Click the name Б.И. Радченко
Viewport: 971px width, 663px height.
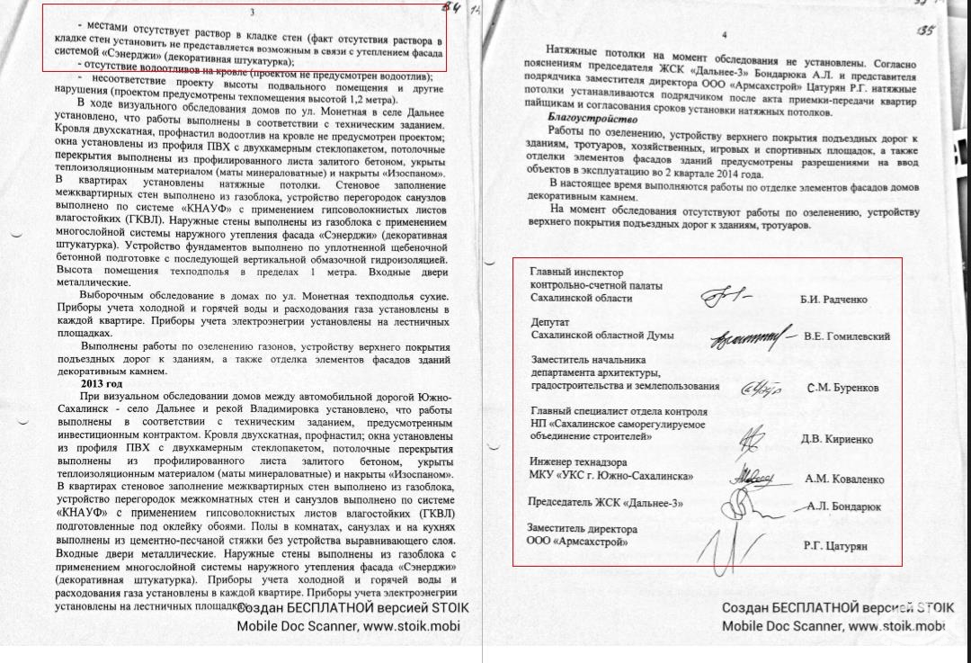click(x=833, y=300)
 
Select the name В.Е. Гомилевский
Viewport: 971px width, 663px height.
click(x=847, y=336)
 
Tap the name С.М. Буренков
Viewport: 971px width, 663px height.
click(x=842, y=389)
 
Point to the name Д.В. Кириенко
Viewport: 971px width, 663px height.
click(x=836, y=440)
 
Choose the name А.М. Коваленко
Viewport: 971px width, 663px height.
click(x=843, y=479)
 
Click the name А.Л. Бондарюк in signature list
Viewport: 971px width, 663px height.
click(x=843, y=506)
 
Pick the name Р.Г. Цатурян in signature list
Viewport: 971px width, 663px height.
click(x=834, y=546)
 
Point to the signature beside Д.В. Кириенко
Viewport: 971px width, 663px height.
click(x=749, y=439)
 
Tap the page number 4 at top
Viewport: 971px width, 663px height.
click(x=723, y=35)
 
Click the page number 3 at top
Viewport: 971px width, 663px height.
click(x=251, y=12)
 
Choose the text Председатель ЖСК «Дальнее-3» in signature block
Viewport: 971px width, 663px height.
click(x=606, y=503)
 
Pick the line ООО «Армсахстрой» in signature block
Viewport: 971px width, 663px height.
click(x=576, y=542)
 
